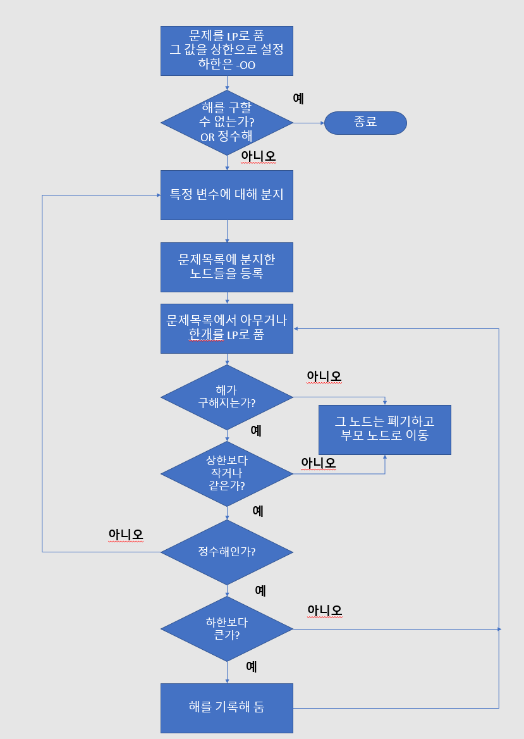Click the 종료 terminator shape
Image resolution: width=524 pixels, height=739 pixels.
[x=365, y=123]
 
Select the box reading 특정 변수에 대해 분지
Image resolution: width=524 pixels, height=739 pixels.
[x=226, y=195]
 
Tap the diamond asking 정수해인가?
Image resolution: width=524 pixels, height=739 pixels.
[x=226, y=552]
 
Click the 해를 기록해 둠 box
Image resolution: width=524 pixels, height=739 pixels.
[x=226, y=707]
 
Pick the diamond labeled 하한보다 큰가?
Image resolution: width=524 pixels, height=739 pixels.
[x=226, y=629]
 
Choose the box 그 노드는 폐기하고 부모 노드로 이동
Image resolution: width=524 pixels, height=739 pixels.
[x=384, y=429]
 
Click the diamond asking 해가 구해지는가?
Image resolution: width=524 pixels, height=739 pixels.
[x=226, y=397]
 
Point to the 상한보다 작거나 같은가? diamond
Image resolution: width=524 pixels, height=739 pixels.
[x=226, y=473]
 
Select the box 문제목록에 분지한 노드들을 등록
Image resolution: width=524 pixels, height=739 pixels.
[x=226, y=267]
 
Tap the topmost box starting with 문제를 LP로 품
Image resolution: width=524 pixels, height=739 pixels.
[x=226, y=50]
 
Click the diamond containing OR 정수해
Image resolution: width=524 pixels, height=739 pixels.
[x=226, y=123]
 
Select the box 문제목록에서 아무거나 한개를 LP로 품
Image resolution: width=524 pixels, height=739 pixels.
[x=226, y=328]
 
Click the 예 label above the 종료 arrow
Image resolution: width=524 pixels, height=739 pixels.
[x=298, y=99]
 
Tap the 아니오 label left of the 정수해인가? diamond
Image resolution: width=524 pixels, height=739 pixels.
[x=126, y=535]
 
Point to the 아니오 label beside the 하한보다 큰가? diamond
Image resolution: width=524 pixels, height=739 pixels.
[x=324, y=611]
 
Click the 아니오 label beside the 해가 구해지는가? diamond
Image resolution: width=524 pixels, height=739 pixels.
[x=324, y=376]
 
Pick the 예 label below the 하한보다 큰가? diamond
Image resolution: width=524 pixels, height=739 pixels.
[x=251, y=666]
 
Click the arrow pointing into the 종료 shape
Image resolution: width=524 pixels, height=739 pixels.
[x=309, y=123]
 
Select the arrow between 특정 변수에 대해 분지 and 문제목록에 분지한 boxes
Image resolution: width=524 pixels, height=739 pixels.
[x=227, y=231]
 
